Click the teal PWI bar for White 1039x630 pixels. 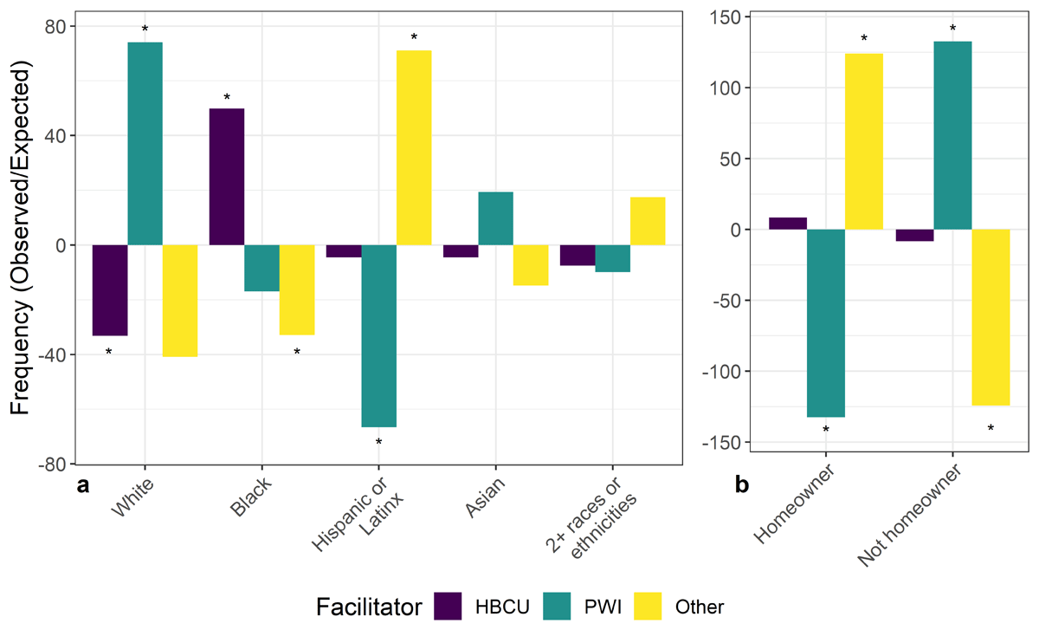145,143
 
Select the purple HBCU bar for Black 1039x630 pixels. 227,177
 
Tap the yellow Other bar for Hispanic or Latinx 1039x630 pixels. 414,147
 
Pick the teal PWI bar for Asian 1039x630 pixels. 495,218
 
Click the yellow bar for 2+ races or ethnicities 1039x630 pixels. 648,221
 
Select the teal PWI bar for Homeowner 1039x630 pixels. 826,323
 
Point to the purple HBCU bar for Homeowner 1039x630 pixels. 789,224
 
